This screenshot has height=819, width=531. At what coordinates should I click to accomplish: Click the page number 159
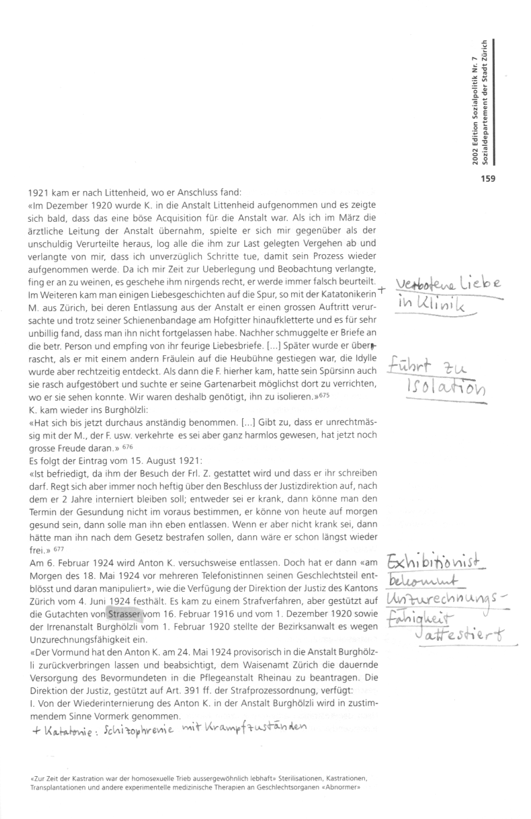click(486, 179)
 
